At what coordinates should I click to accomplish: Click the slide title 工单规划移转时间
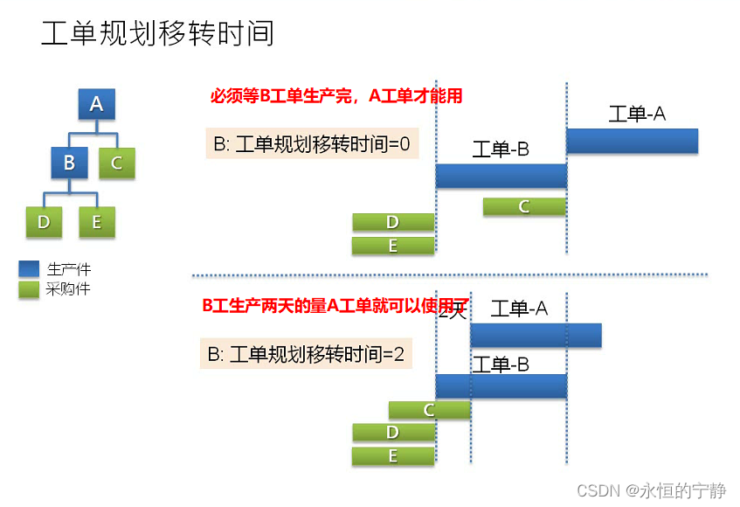(158, 33)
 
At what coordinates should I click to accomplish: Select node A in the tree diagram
(96, 104)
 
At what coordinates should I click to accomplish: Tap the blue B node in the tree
(69, 163)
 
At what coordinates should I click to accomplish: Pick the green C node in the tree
(116, 163)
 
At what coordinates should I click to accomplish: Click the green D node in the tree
(44, 222)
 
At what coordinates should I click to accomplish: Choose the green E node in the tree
(96, 222)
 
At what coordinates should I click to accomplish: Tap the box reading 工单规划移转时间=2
(306, 354)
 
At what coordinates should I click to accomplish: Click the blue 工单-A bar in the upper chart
(632, 141)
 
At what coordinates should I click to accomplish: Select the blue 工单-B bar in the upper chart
(501, 176)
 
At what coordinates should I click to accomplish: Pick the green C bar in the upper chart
(523, 206)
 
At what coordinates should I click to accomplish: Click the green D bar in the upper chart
(393, 223)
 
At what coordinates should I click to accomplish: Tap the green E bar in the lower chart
(393, 456)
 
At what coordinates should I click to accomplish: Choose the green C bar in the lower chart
(429, 410)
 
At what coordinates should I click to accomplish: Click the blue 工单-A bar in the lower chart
(535, 335)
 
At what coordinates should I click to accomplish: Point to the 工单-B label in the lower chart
(501, 365)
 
